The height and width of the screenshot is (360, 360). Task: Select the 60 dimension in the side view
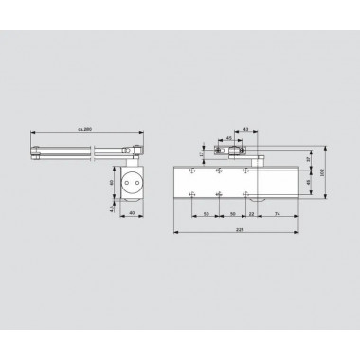[111, 182]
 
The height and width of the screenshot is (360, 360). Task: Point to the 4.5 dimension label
[111, 209]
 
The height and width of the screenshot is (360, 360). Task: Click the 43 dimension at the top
[245, 129]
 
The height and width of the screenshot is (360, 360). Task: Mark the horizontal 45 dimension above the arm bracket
[229, 136]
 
